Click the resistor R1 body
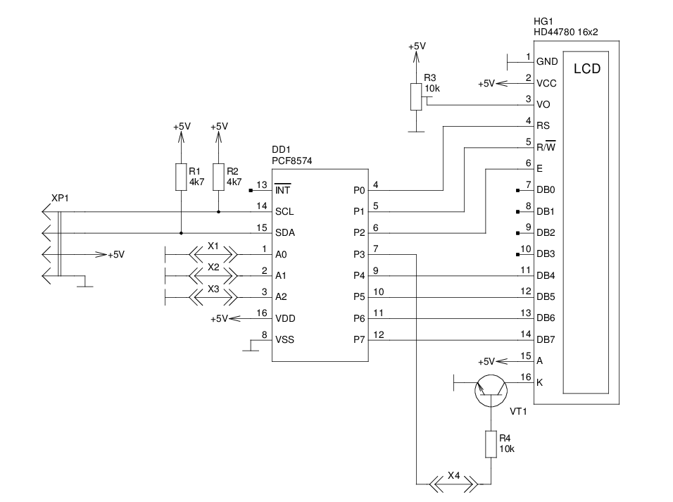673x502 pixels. coord(181,177)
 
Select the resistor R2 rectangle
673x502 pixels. coord(219,177)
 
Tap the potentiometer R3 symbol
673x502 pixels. coord(417,96)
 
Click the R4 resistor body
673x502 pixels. coord(491,444)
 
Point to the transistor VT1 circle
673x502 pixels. coord(491,391)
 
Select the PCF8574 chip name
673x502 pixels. coord(292,161)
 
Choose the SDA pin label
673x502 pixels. coord(284,233)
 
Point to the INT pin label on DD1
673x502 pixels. coord(283,190)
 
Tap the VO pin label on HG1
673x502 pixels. coord(543,104)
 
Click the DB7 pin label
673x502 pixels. coord(546,340)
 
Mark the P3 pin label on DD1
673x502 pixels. coord(358,254)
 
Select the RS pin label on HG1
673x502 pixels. coord(543,126)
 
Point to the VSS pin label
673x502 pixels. coord(284,339)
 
